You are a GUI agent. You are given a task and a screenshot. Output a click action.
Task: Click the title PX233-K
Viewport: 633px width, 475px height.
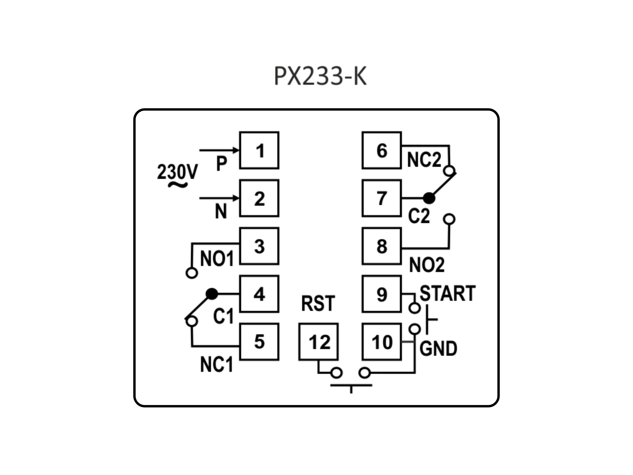[320, 76]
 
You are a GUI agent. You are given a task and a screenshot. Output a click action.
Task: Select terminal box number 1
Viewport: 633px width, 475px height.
[259, 150]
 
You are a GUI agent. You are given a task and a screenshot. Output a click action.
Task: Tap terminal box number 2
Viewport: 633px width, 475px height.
[259, 198]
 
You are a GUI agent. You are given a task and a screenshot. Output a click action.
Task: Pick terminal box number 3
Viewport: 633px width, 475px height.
[259, 246]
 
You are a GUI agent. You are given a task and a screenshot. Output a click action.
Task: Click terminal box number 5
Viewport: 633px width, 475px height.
[259, 342]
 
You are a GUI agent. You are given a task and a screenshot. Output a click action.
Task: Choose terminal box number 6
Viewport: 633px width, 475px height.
[381, 150]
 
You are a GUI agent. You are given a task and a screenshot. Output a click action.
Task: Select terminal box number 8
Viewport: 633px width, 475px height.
[381, 246]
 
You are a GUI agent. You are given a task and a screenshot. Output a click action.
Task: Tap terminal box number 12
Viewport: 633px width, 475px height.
[318, 342]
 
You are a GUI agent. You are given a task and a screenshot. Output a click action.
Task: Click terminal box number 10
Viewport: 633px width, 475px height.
[381, 342]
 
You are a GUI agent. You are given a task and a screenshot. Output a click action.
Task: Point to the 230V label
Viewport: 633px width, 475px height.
[177, 172]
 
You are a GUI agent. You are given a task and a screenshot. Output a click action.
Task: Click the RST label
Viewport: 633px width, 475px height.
[318, 303]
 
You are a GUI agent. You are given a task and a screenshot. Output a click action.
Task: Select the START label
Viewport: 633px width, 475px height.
[447, 293]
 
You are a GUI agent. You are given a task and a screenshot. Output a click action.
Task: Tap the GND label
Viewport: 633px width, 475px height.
[438, 348]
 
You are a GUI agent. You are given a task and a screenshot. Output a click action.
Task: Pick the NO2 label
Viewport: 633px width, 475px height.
[427, 265]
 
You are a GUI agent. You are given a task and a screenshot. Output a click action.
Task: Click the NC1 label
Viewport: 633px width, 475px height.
[216, 364]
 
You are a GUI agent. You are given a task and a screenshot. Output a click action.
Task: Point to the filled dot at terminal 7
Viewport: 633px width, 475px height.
[429, 198]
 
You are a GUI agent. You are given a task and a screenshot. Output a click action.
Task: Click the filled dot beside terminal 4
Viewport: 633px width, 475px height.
[212, 294]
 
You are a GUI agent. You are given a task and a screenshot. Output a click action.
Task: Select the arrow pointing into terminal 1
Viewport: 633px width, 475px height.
[219, 150]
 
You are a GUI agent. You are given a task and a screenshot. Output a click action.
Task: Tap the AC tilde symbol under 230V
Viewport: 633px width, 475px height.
[177, 185]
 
